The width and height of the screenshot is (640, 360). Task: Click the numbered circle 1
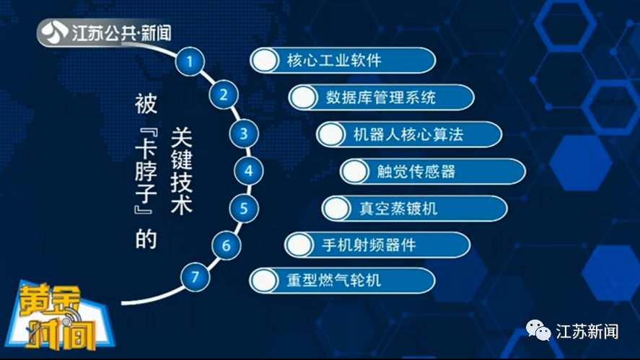pyautogui.click(x=190, y=61)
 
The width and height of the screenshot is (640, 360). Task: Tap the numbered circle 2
pyautogui.click(x=224, y=95)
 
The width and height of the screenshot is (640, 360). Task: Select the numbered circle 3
pyautogui.click(x=244, y=133)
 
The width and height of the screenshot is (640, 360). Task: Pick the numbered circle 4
pyautogui.click(x=249, y=171)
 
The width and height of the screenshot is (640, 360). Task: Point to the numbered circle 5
pyautogui.click(x=244, y=209)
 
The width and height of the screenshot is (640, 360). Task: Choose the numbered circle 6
pyautogui.click(x=226, y=245)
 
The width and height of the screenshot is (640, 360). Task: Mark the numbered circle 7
pyautogui.click(x=194, y=276)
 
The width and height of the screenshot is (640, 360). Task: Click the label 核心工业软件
pyautogui.click(x=333, y=60)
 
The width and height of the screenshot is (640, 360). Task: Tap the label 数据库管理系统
pyautogui.click(x=380, y=97)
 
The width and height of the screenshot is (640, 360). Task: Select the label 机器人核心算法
pyautogui.click(x=408, y=134)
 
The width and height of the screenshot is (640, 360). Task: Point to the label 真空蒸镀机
pyautogui.click(x=398, y=209)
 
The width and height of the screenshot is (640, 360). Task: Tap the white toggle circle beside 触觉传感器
pyautogui.click(x=355, y=172)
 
